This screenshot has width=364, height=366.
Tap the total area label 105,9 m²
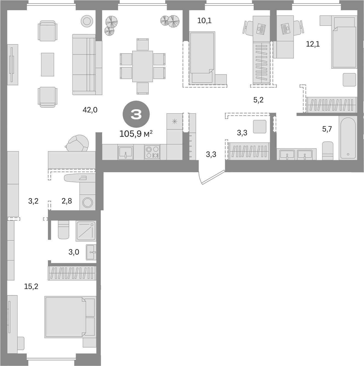[136, 134]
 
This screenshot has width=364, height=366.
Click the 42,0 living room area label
[90, 110]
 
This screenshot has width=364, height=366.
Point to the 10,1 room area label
[205, 21]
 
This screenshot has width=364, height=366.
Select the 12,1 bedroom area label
[313, 44]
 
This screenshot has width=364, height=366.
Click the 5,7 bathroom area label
[327, 129]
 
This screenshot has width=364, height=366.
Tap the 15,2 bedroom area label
[31, 287]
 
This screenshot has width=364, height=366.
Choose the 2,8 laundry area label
[67, 201]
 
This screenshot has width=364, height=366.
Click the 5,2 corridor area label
[258, 100]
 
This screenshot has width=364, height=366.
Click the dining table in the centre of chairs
[142, 66]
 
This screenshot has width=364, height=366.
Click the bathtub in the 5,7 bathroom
[348, 138]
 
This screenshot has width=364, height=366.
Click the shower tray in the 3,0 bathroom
[86, 230]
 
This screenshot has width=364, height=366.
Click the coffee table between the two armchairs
[47, 65]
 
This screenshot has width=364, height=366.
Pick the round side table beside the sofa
[87, 21]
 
